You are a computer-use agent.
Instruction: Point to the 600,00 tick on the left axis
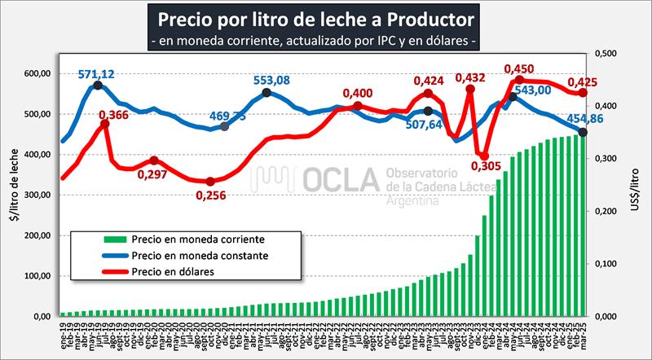[x=35, y=73]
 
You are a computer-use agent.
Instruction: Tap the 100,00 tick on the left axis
[x=35, y=275]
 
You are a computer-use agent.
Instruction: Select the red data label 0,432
[x=471, y=78]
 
